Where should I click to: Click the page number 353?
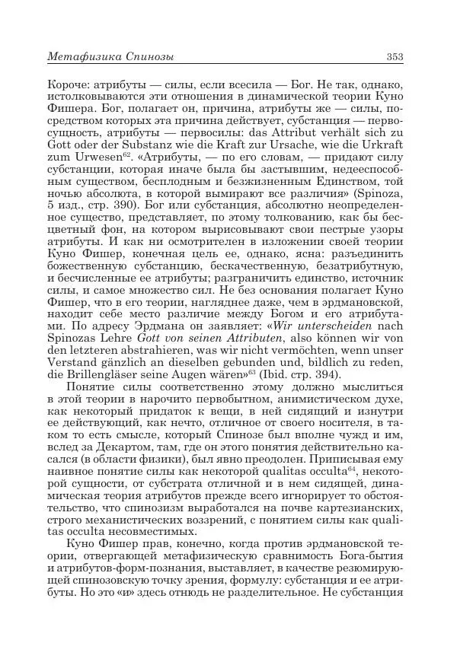tap(394, 56)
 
